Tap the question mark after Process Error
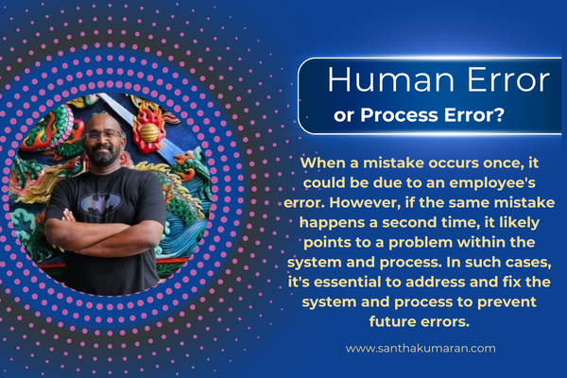pos(499,114)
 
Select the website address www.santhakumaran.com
pos(421,349)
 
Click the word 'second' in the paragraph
pos(407,222)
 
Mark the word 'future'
pos(392,321)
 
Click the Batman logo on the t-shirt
pos(101,203)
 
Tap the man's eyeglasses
pos(103,135)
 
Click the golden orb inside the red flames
pos(149,132)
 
